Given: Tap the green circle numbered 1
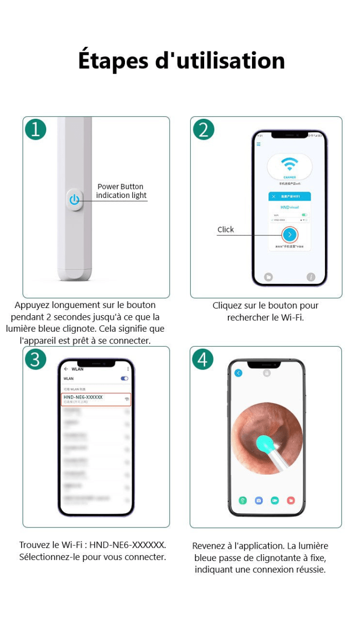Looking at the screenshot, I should (x=35, y=130).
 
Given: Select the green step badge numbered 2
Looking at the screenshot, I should (x=204, y=130).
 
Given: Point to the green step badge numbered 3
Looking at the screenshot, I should (x=35, y=359).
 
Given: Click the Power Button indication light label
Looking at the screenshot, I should (x=121, y=191).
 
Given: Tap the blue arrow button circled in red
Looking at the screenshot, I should (x=290, y=234).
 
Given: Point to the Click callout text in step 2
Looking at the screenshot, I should (x=225, y=230).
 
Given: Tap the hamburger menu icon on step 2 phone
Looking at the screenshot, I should (x=259, y=144).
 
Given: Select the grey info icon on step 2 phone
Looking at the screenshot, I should (x=311, y=277).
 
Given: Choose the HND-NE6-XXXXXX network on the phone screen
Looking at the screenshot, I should (x=96, y=399).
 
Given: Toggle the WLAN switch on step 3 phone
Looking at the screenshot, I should (x=124, y=378).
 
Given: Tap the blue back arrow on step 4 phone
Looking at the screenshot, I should (x=238, y=373).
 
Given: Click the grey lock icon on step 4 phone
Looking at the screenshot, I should (x=266, y=373).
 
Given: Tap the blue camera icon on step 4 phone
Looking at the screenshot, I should (x=259, y=500).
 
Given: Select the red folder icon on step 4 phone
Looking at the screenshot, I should (x=291, y=500).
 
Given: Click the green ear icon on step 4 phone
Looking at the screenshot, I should (x=242, y=500).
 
